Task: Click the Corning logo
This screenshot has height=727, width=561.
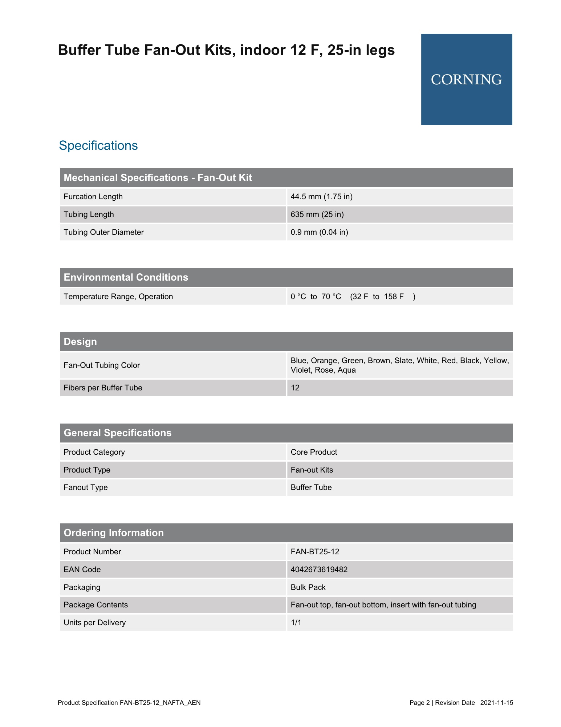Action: pos(466,80)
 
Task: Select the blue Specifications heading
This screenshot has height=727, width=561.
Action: pos(98,145)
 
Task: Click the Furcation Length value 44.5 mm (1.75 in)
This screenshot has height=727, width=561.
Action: pos(321,197)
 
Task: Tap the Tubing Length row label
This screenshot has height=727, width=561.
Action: pos(89,214)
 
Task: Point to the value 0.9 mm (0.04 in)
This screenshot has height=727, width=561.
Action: pos(319,232)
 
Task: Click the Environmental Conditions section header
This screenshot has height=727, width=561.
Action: pos(126,277)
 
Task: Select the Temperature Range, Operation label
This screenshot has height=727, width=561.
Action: pos(118,297)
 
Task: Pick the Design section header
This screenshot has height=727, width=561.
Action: pos(80,342)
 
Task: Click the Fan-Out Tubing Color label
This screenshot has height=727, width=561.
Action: pos(102,365)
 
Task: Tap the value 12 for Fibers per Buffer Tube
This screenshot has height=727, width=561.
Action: pos(295,388)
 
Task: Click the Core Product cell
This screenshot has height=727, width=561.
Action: pos(314,452)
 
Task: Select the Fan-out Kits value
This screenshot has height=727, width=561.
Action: pos(312,470)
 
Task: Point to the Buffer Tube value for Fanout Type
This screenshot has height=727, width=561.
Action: pos(311,487)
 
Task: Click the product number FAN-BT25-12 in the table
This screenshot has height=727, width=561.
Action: pos(315,552)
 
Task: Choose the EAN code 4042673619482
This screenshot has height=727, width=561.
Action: pos(319,570)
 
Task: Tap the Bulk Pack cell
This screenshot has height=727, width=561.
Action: pos(308,587)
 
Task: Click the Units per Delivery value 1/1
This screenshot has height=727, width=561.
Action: pos(296,623)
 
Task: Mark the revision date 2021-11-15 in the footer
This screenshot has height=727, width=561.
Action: pos(496,703)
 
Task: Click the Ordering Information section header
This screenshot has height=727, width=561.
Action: pos(114,533)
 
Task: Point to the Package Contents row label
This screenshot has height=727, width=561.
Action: pos(95,605)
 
